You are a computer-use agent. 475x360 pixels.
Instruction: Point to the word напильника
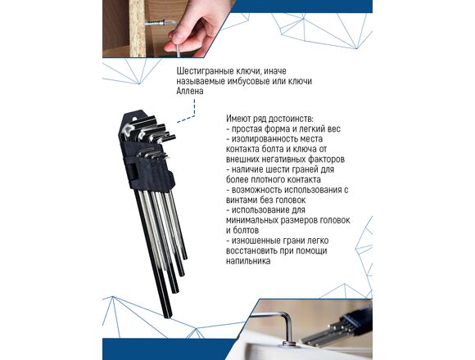point(248,261)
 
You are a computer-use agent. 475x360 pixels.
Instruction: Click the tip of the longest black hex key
point(169,317)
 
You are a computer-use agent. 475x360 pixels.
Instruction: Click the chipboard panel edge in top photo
point(138,29)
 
